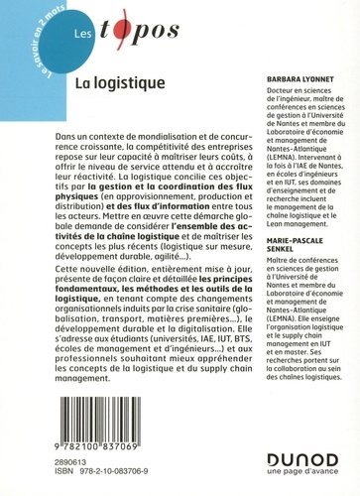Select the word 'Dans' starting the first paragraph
pos(63,146)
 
